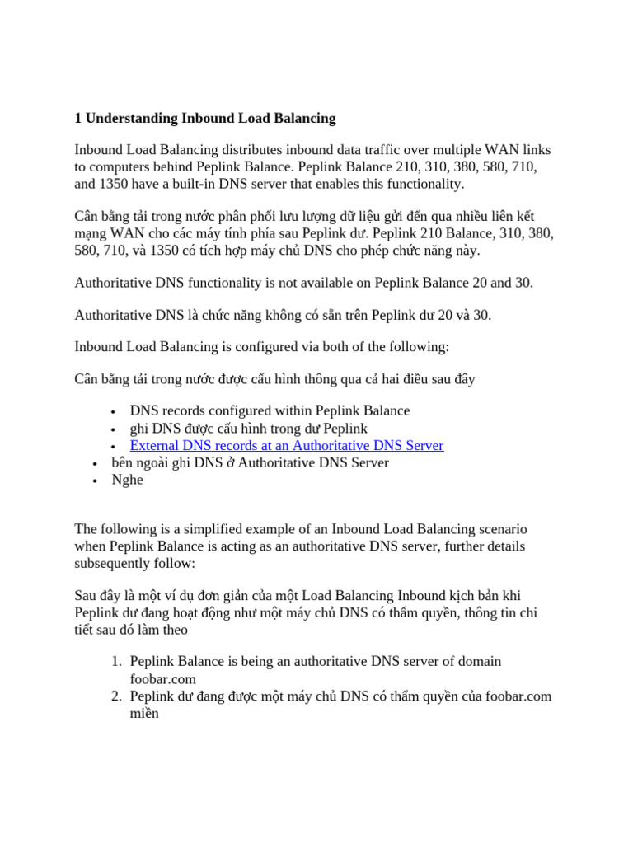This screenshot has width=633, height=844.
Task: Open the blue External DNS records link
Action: [x=287, y=446]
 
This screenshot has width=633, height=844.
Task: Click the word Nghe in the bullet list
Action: [x=127, y=481]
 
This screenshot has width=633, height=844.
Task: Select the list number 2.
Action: [x=117, y=696]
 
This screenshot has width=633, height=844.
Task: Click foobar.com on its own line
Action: [x=163, y=679]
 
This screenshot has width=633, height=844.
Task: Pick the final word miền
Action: [x=144, y=714]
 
